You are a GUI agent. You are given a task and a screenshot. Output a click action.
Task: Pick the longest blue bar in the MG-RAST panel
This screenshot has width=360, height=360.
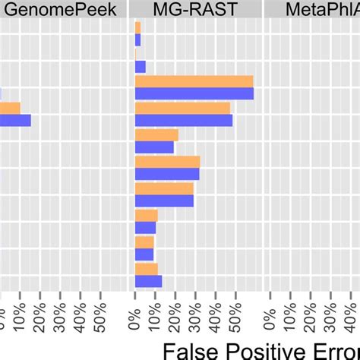pos(194,93)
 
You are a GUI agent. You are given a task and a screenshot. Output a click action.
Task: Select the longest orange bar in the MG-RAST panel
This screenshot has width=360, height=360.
pos(194,82)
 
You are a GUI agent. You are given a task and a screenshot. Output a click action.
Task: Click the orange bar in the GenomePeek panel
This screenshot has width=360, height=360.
pos(10,108)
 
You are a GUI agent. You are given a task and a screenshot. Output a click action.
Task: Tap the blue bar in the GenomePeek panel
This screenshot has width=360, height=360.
pos(15,120)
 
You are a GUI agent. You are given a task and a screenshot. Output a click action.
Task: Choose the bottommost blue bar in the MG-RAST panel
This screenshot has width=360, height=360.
pos(148,281)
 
